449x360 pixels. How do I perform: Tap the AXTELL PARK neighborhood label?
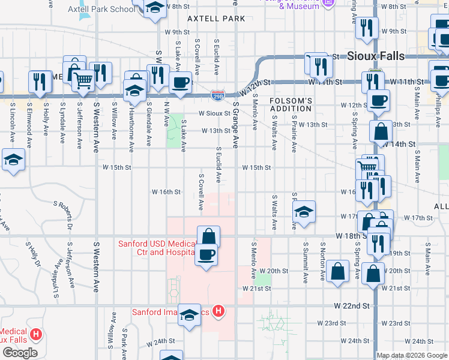tap(216, 19)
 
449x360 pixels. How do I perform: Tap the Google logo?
tap(20, 353)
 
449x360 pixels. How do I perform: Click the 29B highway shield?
tap(218, 95)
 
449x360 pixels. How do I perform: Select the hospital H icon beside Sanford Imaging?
tap(219, 311)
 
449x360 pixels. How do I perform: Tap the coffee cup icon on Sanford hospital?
tap(206, 254)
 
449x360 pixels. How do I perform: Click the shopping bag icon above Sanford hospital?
tap(208, 236)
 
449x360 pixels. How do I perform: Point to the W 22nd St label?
tap(351, 305)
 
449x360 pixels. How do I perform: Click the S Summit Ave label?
tap(306, 262)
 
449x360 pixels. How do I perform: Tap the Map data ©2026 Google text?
tap(412, 355)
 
